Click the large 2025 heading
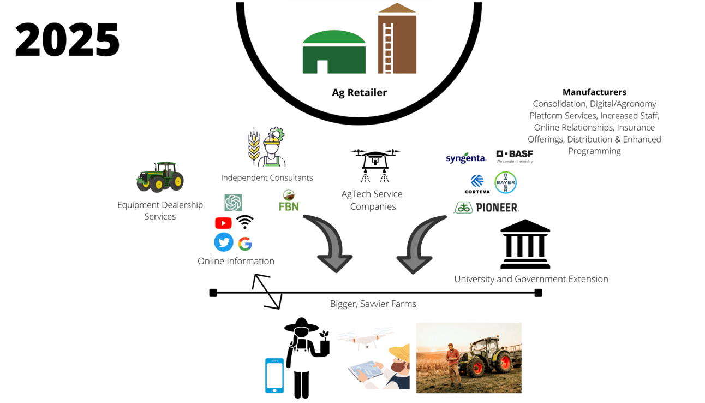pos(67,40)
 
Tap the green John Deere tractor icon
pos(160,176)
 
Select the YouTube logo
pos(223,223)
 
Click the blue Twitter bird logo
pos(224,242)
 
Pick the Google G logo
pos(245,244)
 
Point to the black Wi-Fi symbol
pos(245,222)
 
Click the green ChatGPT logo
pos(233,203)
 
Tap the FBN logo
pos(289,201)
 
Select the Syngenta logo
pos(465,158)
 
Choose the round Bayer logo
pos(505,182)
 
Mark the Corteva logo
pos(477,184)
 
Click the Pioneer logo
pos(486,208)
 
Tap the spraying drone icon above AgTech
pos(375,164)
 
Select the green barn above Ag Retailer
pos(334,52)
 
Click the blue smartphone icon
pos(274,375)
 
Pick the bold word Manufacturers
pos(594,92)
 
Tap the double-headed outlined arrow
pos(267,292)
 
